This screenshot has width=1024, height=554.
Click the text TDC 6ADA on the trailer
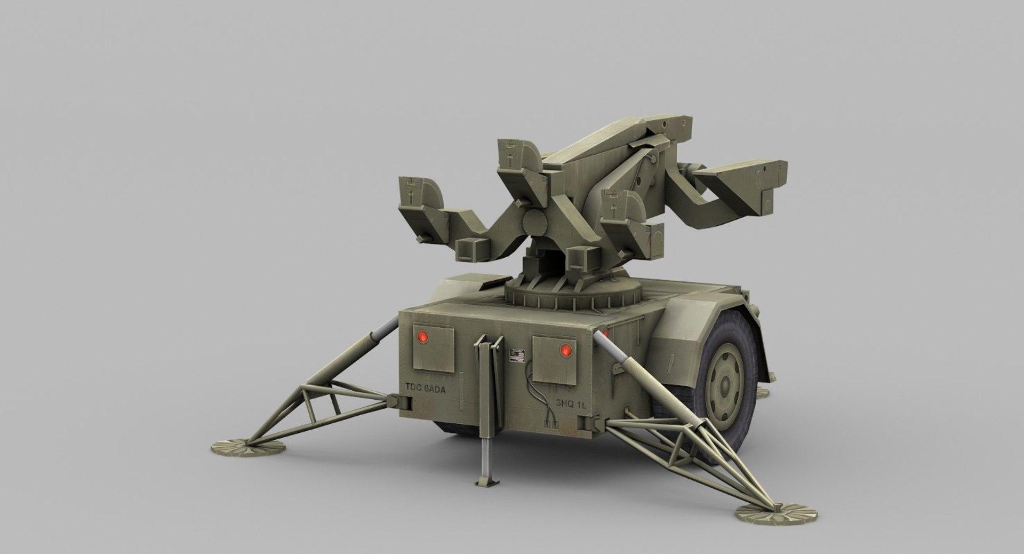coord(425,388)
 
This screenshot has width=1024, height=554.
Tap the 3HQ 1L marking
coord(570,403)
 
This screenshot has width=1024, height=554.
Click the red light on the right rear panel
coord(566,350)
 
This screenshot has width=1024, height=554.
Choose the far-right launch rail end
coord(768,181)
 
